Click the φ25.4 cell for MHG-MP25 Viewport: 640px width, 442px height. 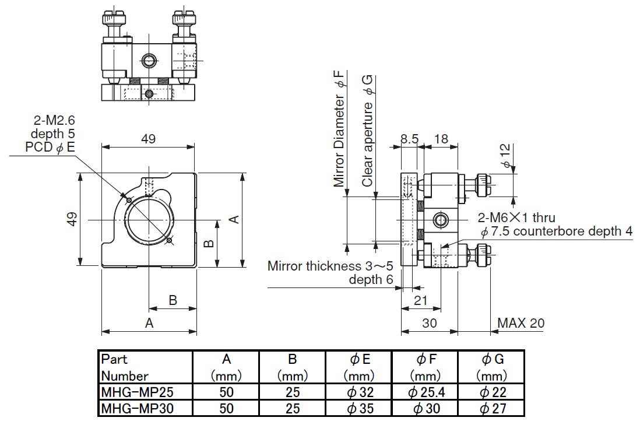tap(426, 392)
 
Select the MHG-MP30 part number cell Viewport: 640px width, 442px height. tap(145, 409)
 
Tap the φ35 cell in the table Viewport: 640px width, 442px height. tap(359, 409)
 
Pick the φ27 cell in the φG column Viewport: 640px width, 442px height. tap(491, 409)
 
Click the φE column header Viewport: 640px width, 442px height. tap(359, 367)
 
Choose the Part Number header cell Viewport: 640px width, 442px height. tap(145, 367)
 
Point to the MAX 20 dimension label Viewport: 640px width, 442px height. tap(521, 323)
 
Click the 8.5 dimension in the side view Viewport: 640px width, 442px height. tap(409, 139)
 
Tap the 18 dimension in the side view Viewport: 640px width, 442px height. tap(441, 139)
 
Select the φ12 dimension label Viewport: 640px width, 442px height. tap(506, 156)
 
